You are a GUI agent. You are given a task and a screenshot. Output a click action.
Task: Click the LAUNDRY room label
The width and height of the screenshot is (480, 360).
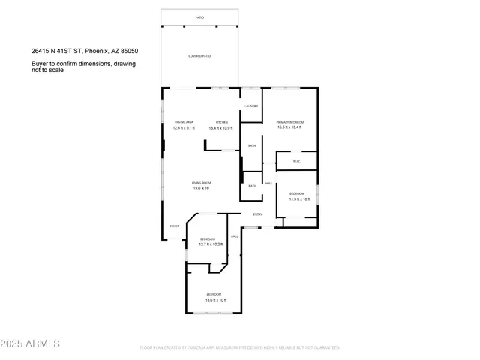(x=251, y=106)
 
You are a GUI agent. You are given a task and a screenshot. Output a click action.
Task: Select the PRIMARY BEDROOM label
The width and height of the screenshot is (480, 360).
(x=290, y=122)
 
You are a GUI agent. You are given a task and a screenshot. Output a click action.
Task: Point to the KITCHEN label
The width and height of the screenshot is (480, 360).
(x=222, y=122)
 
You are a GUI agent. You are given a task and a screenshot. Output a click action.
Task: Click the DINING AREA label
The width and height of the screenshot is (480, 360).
(x=184, y=122)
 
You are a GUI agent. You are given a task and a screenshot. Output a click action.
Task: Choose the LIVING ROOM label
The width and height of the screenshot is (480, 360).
(x=200, y=183)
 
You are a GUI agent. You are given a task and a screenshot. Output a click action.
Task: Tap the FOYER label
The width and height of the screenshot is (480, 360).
(x=174, y=226)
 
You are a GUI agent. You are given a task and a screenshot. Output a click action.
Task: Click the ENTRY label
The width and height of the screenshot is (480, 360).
(x=257, y=214)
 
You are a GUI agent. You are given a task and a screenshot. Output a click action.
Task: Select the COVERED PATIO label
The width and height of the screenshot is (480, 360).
(x=199, y=57)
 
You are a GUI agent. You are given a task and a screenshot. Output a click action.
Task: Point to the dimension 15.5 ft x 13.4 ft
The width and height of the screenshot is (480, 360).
(x=290, y=127)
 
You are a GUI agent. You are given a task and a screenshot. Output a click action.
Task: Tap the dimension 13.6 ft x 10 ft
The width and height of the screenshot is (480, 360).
(x=215, y=300)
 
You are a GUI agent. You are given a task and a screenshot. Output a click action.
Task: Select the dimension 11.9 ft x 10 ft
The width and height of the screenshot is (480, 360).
(x=298, y=199)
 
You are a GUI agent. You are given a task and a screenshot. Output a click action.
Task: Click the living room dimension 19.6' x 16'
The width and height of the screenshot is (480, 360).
(x=200, y=188)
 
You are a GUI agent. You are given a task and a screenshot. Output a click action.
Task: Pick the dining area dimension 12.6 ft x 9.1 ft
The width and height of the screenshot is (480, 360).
(x=184, y=127)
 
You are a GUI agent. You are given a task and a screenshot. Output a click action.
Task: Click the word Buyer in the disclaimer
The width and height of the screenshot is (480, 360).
(x=39, y=64)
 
